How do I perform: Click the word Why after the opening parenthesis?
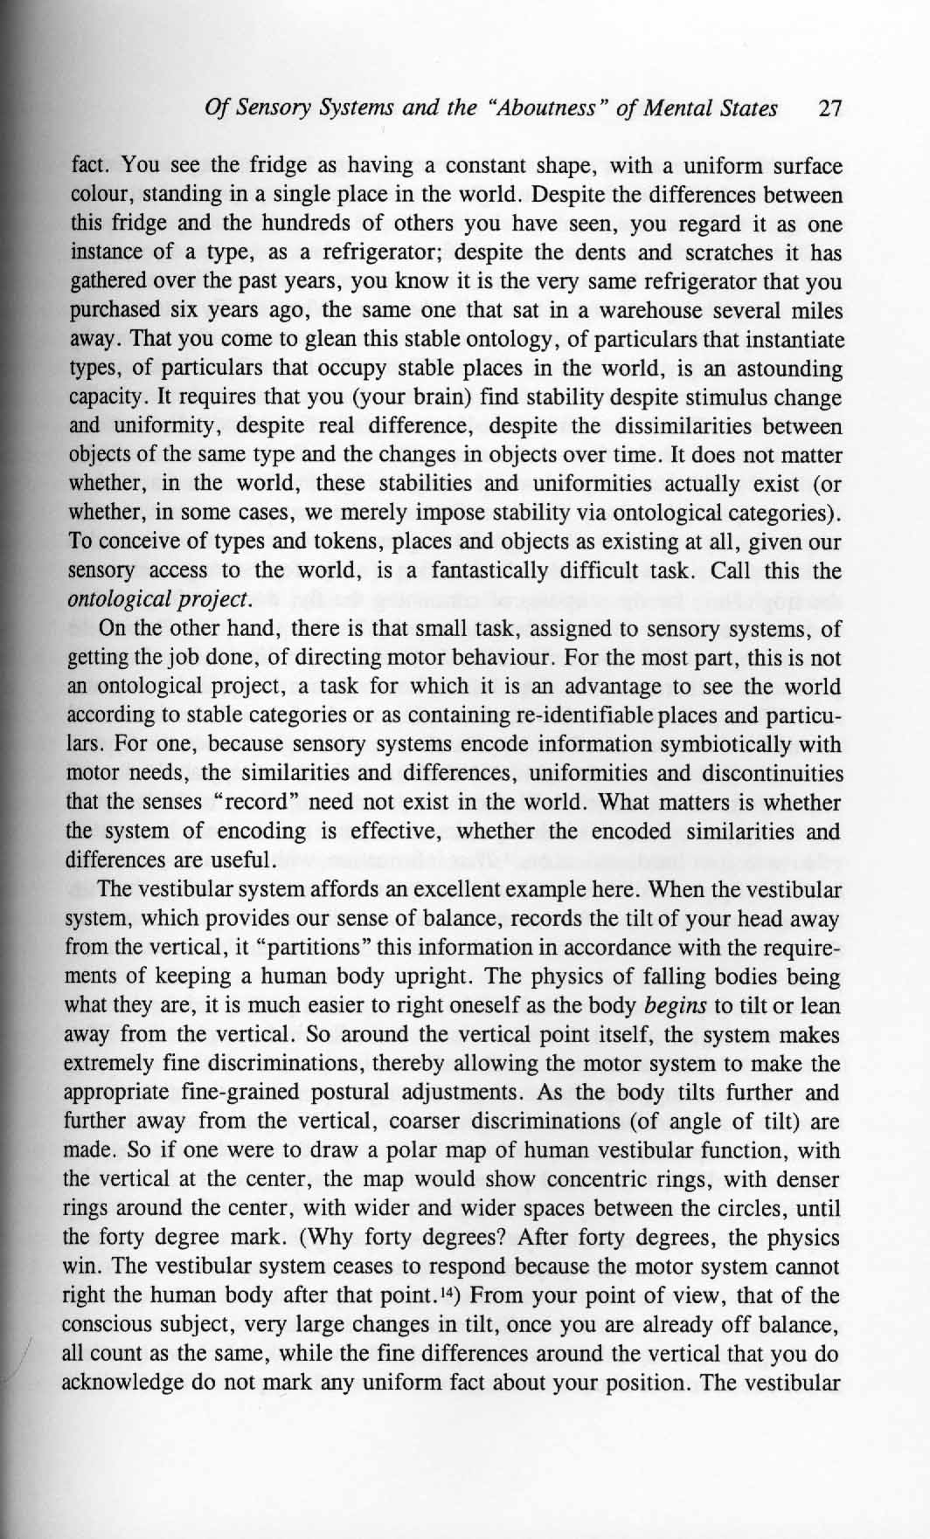pos(380,1238)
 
